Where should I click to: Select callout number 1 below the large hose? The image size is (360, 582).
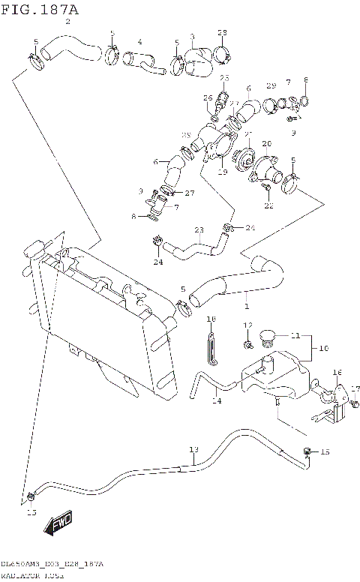(x=247, y=306)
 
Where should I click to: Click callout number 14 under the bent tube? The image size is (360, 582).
(x=217, y=401)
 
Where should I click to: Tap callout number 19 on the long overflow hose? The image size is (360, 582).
(x=193, y=449)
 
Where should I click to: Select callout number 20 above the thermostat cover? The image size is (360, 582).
(x=266, y=143)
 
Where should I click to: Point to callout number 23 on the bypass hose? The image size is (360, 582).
(x=199, y=230)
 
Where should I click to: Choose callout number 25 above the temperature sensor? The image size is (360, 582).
(x=224, y=78)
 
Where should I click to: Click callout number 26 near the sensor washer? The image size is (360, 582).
(x=208, y=97)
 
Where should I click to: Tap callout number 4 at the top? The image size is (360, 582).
(x=139, y=41)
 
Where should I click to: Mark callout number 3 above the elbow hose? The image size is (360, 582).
(x=192, y=36)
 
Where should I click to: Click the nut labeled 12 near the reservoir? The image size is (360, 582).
(x=246, y=343)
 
